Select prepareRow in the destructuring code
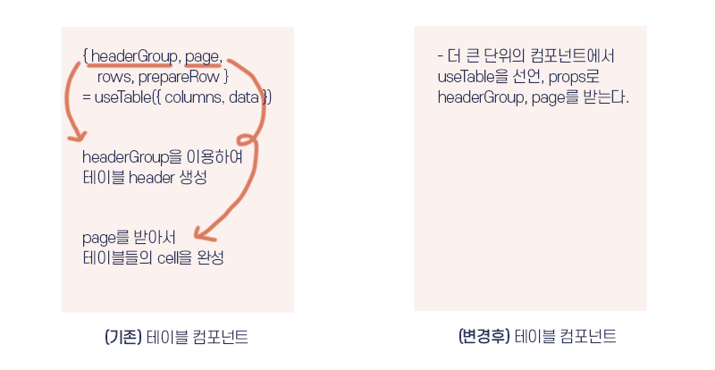(185, 77)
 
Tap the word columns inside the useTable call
(192, 97)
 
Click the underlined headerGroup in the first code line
(133, 57)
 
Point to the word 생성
(196, 178)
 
